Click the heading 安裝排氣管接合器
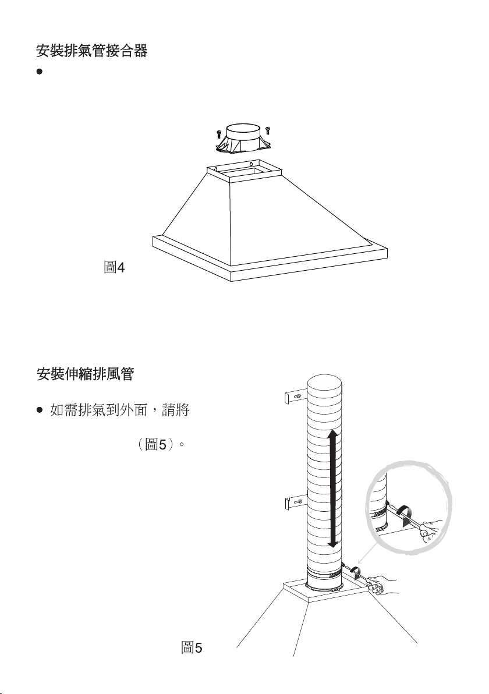pos(91,52)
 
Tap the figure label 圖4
pos(114,267)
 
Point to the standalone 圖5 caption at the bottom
pos(192,647)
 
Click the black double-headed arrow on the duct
pos(332,488)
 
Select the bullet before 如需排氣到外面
pos(39,411)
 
